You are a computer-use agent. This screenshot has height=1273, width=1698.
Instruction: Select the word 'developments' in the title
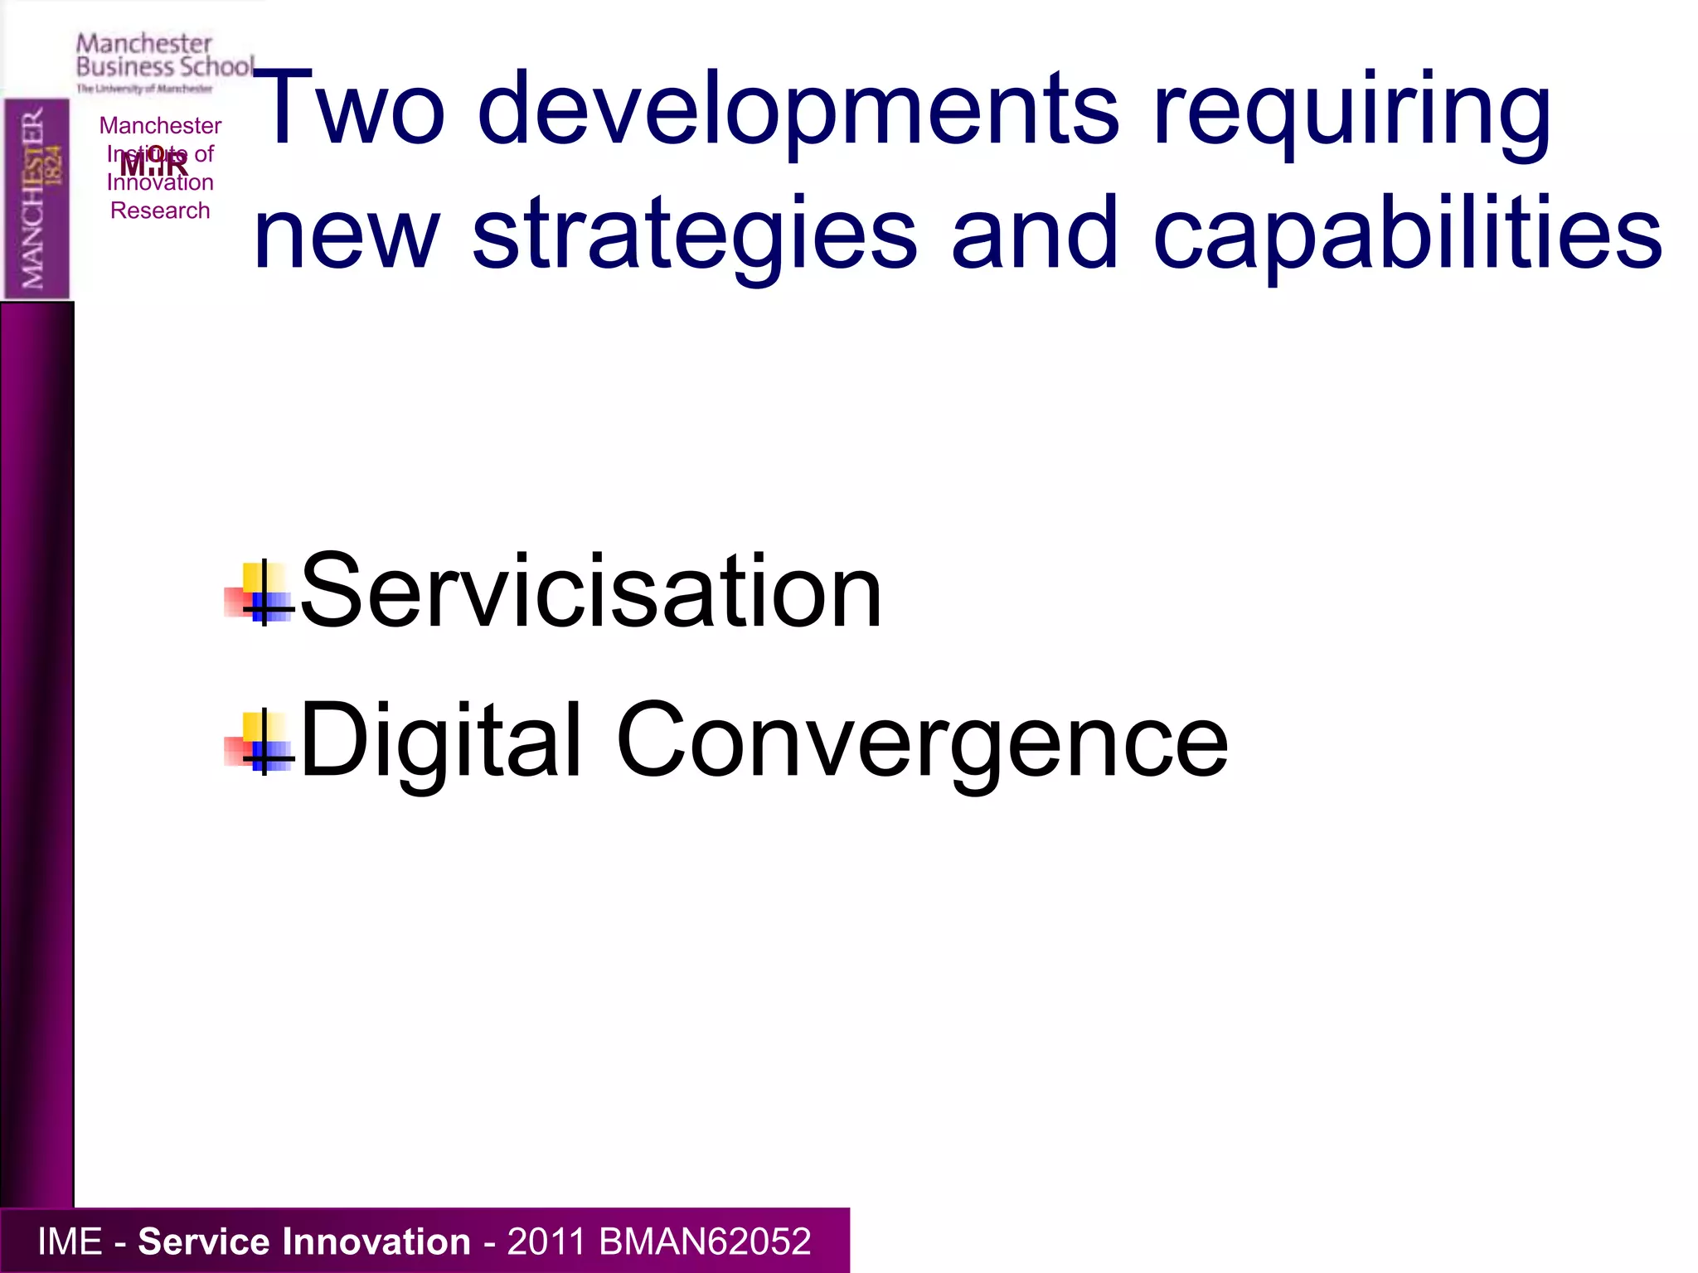(x=798, y=109)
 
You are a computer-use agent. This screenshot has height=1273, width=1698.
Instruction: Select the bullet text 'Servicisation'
(x=590, y=592)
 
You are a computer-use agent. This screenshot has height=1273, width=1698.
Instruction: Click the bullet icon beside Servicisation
(x=260, y=592)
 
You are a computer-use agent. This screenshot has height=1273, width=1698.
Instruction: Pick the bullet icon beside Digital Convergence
(x=260, y=741)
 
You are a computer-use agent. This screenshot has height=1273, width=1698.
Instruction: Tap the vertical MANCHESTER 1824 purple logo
(x=36, y=199)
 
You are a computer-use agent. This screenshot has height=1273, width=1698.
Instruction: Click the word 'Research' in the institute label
(x=160, y=211)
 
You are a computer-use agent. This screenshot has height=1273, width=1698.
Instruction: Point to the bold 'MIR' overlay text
(x=154, y=164)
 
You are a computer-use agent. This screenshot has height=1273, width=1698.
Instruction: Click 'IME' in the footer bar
(x=70, y=1242)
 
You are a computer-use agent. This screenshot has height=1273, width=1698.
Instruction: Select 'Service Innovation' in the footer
(x=303, y=1242)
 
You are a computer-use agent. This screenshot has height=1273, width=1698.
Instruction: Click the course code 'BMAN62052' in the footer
(x=704, y=1242)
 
